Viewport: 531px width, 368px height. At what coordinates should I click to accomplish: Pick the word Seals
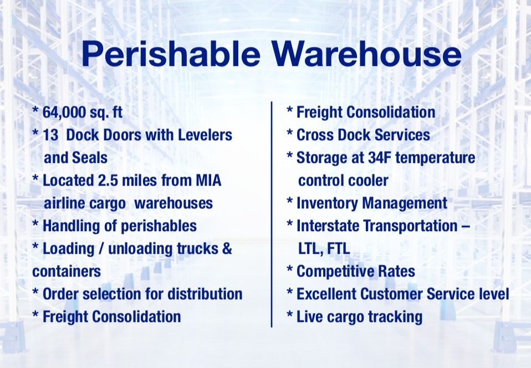click(90, 157)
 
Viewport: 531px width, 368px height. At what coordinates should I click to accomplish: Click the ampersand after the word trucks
click(227, 248)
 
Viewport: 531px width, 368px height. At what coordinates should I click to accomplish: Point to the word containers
click(67, 271)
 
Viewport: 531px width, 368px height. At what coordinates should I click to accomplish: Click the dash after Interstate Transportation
click(465, 226)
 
